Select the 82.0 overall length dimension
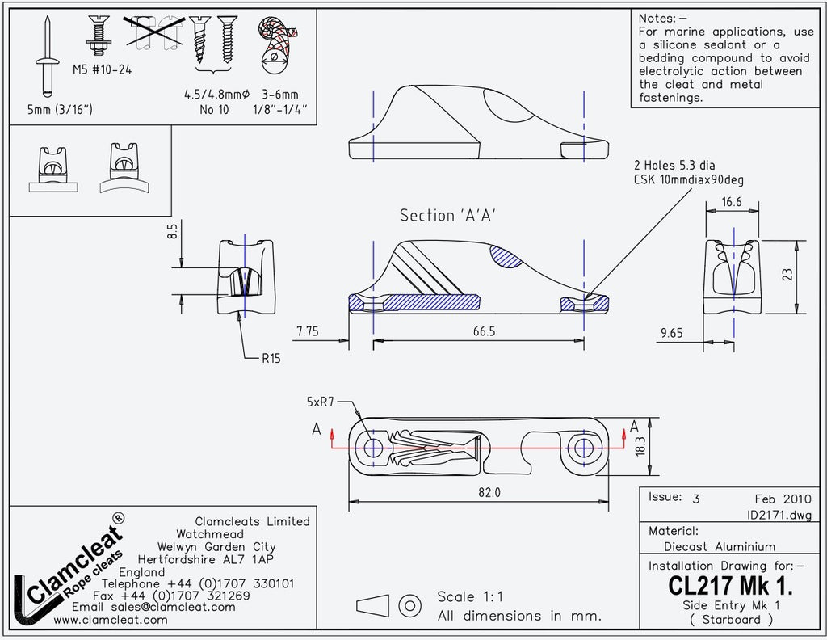click(x=489, y=492)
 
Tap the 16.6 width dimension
click(x=733, y=203)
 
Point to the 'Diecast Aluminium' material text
click(x=719, y=546)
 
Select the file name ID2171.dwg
click(x=779, y=515)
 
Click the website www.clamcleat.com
click(x=111, y=620)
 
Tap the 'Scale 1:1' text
click(x=470, y=597)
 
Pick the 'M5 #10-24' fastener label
click(x=102, y=69)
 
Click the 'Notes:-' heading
click(x=663, y=19)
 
